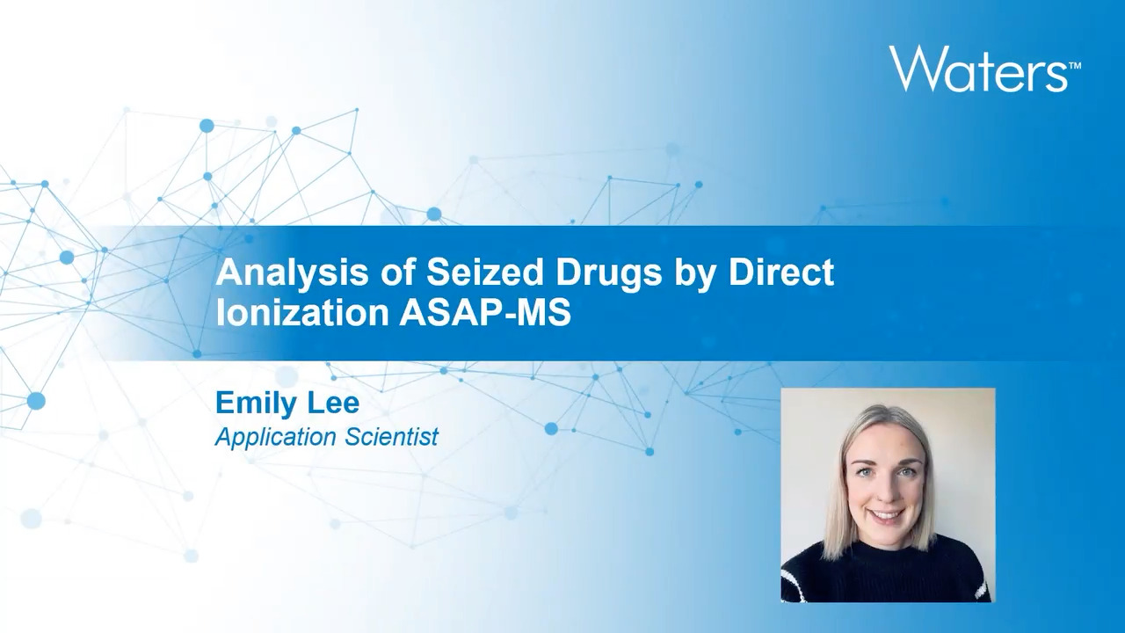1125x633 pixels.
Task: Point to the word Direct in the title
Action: (x=781, y=273)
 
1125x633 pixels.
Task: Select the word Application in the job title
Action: (x=275, y=437)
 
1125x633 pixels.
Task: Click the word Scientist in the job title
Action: (x=392, y=436)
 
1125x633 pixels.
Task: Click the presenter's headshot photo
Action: (x=888, y=495)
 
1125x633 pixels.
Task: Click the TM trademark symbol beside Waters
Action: (x=1075, y=66)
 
